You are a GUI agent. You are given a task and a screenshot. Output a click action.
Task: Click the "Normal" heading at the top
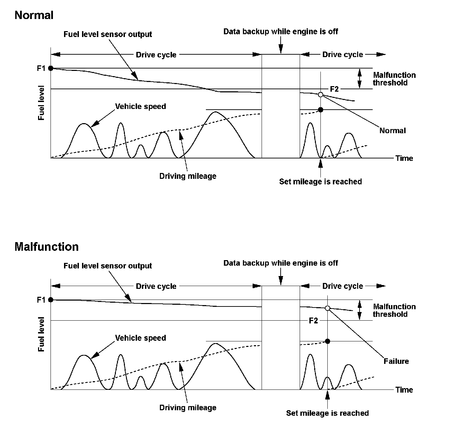point(34,15)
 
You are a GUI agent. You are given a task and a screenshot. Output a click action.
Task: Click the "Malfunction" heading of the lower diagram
point(46,247)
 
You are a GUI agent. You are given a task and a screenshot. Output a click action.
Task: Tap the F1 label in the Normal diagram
point(41,68)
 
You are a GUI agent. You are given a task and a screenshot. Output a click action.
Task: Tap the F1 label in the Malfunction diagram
point(41,300)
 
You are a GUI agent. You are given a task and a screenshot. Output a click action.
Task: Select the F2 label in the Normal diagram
point(334,89)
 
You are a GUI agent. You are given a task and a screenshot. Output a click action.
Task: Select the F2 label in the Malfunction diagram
point(313,321)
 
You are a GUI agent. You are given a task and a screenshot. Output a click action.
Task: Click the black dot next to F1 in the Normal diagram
point(51,68)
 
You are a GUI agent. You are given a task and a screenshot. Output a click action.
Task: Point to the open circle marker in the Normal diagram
point(320,94)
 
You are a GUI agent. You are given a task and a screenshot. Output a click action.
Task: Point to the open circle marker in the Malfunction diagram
point(327,308)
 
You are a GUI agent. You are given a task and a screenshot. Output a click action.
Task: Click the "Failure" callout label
point(396,361)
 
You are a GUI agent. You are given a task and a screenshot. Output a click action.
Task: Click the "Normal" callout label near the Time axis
point(392,130)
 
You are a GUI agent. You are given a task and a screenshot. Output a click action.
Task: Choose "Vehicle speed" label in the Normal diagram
point(140,106)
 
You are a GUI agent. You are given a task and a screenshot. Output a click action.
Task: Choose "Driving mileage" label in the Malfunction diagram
point(188,407)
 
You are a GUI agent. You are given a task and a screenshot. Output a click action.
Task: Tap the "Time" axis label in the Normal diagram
point(404,158)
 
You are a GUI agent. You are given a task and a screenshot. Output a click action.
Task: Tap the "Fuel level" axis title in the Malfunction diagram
point(42,334)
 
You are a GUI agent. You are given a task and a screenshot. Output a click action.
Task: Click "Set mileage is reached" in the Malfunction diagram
point(327,413)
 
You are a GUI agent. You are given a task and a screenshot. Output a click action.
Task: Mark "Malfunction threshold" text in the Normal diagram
point(394,79)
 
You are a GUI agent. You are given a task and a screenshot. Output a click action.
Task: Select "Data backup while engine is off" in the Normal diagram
point(281,31)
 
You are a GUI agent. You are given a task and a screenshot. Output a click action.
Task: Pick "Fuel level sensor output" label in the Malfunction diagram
point(108,266)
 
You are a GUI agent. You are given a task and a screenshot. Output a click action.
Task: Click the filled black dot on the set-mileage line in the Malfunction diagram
point(327,341)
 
